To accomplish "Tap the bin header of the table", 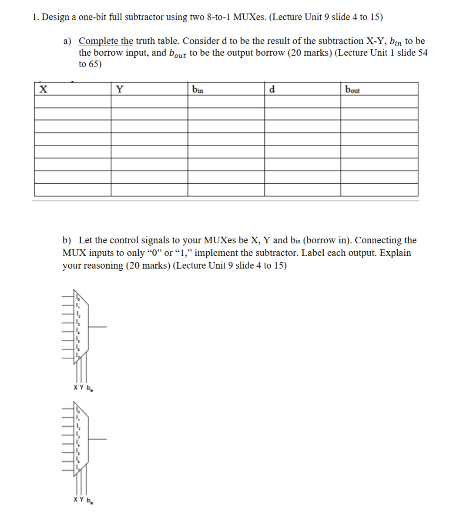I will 197,90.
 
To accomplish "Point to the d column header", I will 272,90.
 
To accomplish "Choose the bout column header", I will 352,90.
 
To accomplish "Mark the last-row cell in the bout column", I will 379,190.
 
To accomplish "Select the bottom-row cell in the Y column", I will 149,190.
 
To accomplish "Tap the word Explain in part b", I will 395,253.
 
